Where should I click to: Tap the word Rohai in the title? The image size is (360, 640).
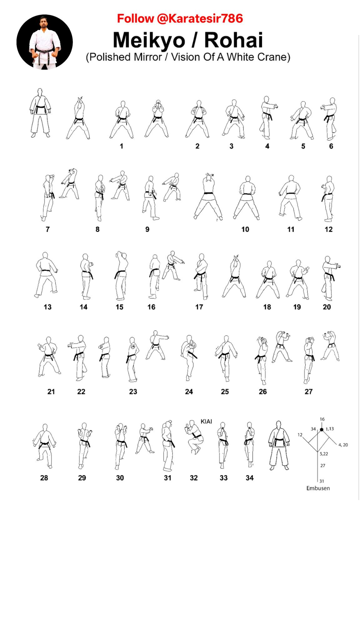pyautogui.click(x=234, y=40)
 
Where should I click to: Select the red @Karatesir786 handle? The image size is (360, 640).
pyautogui.click(x=199, y=19)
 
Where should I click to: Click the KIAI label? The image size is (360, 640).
pyautogui.click(x=206, y=422)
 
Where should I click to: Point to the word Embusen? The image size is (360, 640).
pyautogui.click(x=318, y=488)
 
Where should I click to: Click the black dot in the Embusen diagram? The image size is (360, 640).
pyautogui.click(x=322, y=430)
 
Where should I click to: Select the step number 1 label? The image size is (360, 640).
pyautogui.click(x=121, y=146)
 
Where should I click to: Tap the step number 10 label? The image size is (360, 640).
pyautogui.click(x=245, y=229)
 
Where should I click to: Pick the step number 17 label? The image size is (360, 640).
pyautogui.click(x=199, y=307)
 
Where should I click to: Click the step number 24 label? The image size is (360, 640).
pyautogui.click(x=189, y=392)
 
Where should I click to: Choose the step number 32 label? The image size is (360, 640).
pyautogui.click(x=194, y=478)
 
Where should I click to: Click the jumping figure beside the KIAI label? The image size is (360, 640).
pyautogui.click(x=194, y=437)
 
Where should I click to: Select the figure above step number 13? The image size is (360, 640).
pyautogui.click(x=46, y=275)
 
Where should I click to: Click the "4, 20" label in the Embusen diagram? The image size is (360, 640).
pyautogui.click(x=343, y=445)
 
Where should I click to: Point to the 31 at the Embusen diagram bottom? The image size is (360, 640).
pyautogui.click(x=322, y=481)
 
